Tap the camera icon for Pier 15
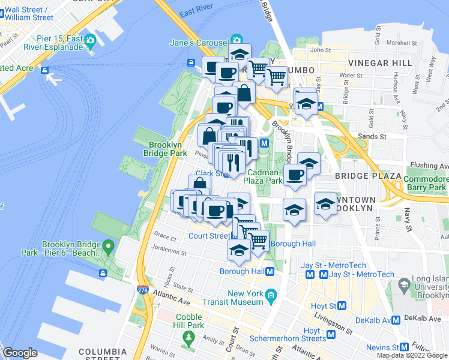coord(91,42)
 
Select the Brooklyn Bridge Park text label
coord(169,149)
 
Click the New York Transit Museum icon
coord(271,294)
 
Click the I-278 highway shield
coord(143,289)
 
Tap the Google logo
coord(20,353)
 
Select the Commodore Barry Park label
coord(425,183)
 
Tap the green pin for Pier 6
coord(108,246)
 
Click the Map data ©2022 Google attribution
coord(412,355)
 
